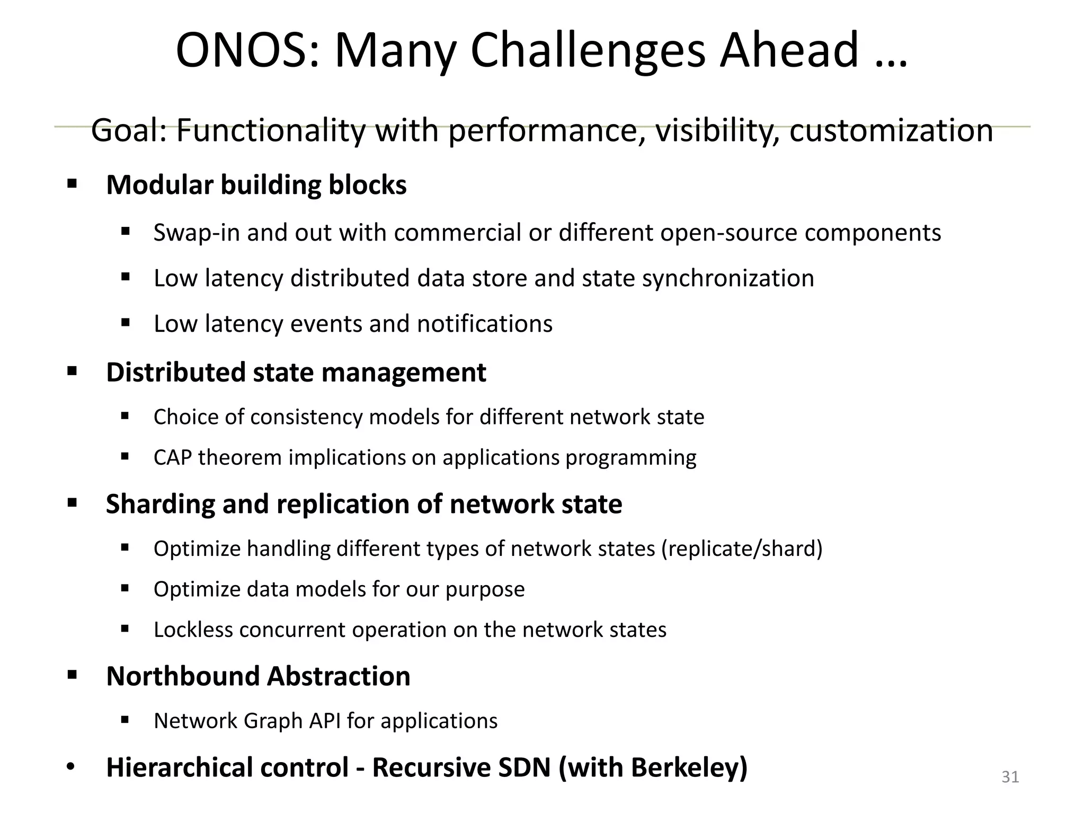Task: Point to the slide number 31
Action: pos(1010,777)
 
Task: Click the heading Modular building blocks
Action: pos(256,185)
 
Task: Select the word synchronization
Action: pos(728,279)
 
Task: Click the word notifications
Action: pos(485,324)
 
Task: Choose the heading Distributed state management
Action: pos(296,372)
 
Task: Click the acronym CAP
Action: pos(172,458)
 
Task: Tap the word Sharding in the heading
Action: pos(160,504)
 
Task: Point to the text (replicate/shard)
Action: pos(742,548)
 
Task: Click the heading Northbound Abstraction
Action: pos(259,676)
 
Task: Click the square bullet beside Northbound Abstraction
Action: pos(72,676)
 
